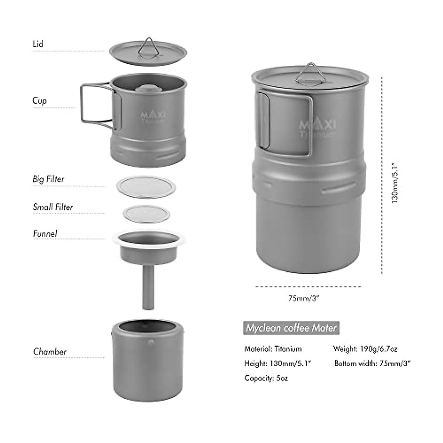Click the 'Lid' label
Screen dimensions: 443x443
(x=38, y=44)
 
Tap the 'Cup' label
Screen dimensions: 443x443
(x=40, y=100)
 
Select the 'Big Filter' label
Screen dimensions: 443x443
(x=48, y=179)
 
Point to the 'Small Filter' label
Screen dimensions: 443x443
(x=53, y=207)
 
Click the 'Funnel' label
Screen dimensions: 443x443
(x=45, y=234)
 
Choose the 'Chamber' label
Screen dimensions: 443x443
(x=50, y=351)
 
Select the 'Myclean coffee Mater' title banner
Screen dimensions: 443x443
(x=291, y=328)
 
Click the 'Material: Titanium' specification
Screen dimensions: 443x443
(x=273, y=349)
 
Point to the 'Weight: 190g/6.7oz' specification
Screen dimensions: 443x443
(x=365, y=349)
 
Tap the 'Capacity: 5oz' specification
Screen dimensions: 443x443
(x=266, y=378)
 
